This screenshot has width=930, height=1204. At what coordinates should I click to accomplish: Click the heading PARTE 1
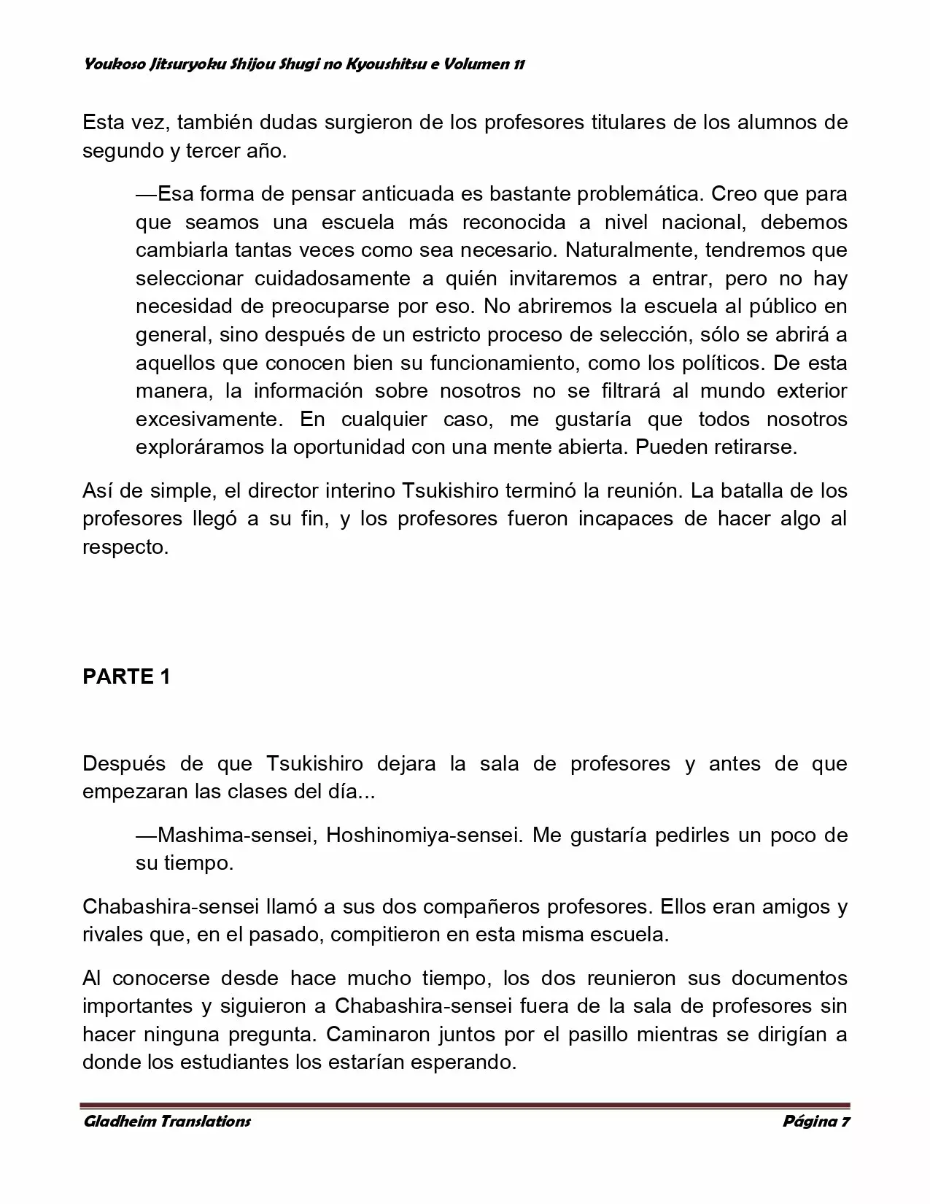click(126, 676)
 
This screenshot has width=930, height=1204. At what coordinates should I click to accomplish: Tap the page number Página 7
click(816, 1121)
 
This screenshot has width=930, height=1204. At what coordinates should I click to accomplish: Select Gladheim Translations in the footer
click(167, 1121)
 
